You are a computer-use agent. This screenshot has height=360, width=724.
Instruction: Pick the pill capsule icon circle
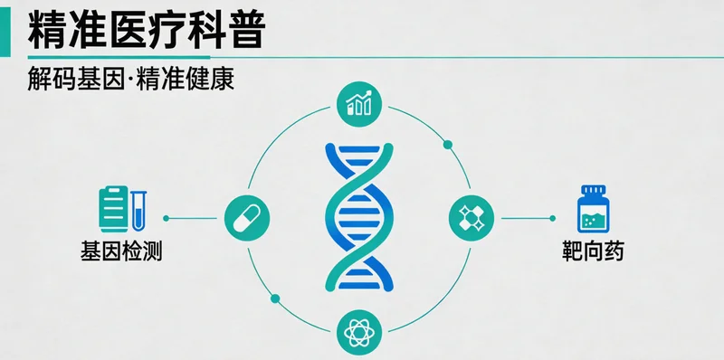point(245,218)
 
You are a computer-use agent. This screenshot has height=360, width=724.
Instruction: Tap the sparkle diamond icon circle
point(472,218)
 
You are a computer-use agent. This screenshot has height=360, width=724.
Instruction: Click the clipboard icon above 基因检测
point(113,207)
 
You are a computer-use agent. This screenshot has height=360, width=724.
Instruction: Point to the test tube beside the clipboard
point(139,208)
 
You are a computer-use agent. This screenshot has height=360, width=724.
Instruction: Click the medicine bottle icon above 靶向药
point(593,211)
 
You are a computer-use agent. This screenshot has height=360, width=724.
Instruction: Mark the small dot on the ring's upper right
point(446,144)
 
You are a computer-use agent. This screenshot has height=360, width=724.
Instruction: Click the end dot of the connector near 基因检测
point(166,218)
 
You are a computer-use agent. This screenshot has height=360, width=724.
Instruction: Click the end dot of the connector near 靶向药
point(552,218)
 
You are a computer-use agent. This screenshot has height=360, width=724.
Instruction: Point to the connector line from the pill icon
point(195,218)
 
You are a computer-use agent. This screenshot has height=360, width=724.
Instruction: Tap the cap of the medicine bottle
point(593,191)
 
